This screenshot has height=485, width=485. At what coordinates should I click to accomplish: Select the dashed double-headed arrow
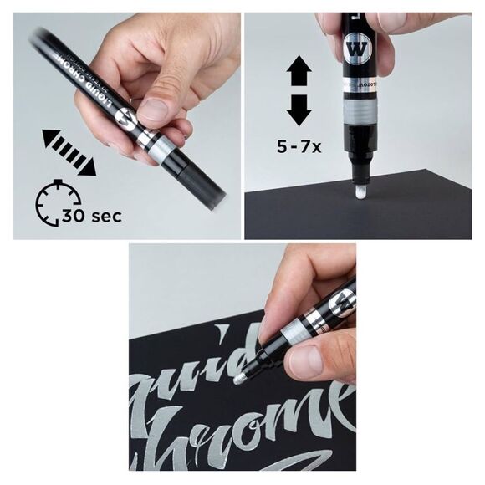click(69, 151)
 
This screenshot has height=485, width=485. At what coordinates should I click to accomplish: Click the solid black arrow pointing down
click(299, 110)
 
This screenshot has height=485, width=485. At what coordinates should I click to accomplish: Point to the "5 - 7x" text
click(299, 145)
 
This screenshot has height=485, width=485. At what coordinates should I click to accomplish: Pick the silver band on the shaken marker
click(158, 145)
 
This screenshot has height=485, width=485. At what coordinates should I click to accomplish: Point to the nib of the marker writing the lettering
click(241, 378)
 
